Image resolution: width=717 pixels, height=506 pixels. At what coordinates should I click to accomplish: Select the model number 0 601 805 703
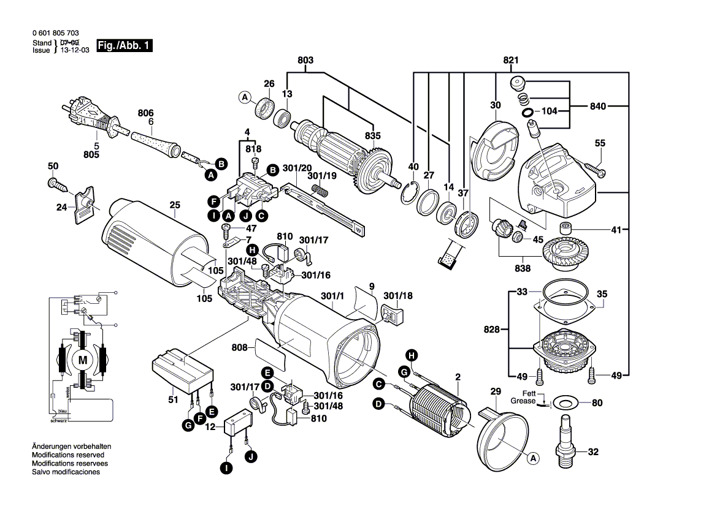point(55,33)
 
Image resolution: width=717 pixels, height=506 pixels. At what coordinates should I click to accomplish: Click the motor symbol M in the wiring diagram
point(82,361)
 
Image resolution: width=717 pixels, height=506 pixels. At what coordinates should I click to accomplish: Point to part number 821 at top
point(511,60)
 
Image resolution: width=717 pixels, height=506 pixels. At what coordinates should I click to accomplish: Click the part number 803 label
point(305,60)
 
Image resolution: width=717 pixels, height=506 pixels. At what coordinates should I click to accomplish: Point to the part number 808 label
point(240,348)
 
